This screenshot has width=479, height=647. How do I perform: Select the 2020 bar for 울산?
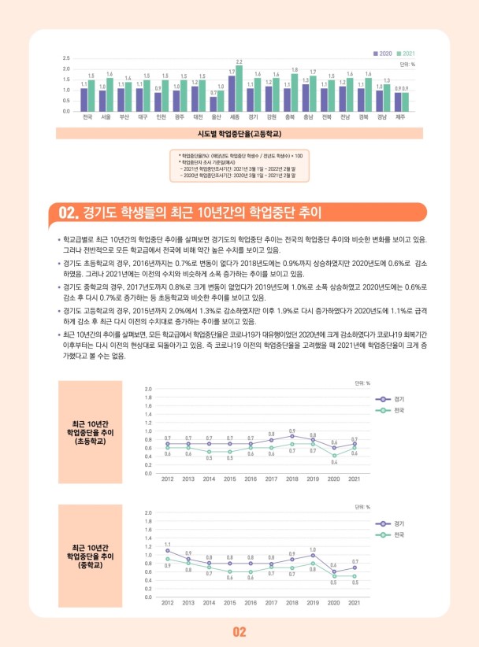[214, 103]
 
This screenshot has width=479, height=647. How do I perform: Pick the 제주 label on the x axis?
[400, 117]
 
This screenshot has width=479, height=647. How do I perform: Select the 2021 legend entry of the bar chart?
[407, 53]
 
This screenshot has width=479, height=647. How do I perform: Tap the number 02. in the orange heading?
[70, 212]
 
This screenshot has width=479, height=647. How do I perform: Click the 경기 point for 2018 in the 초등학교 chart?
[292, 435]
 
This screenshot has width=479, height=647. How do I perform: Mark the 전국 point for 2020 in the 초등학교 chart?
[334, 455]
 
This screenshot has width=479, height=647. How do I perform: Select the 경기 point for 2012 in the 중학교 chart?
[168, 551]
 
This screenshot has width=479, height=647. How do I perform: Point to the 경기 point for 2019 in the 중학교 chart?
[313, 555]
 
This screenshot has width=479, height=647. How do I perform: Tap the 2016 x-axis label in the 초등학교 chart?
[251, 479]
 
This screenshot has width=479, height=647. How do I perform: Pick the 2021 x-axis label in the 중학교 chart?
[355, 603]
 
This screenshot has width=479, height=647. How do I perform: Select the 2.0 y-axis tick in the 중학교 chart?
[147, 513]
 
